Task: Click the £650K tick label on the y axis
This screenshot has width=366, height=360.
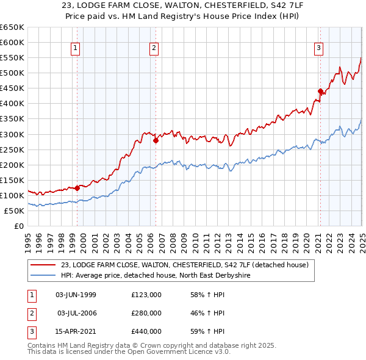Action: tap(12, 27)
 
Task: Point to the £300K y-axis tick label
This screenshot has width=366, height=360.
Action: tap(12, 134)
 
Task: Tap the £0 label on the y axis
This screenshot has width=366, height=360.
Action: tap(19, 226)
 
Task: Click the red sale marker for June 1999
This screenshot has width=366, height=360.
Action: tap(77, 188)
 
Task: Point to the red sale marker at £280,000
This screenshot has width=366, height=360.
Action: tap(156, 140)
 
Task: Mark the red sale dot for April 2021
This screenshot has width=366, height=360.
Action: tap(320, 91)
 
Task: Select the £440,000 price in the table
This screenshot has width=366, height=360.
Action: tap(146, 331)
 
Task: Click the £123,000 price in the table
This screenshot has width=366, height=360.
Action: tap(146, 295)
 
